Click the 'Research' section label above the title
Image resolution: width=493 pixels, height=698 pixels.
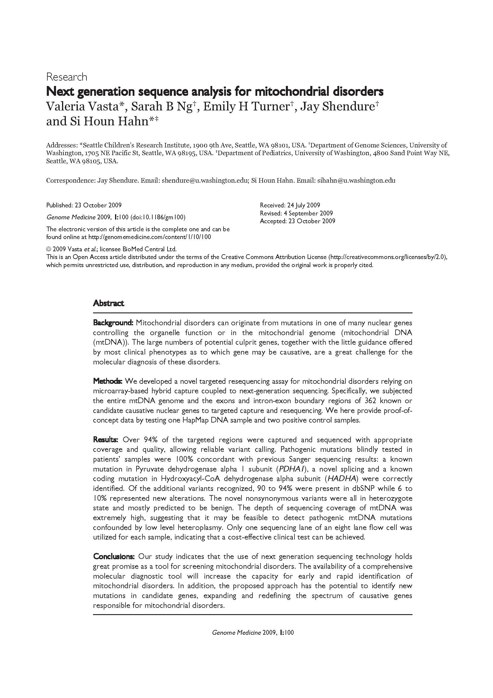click(x=66, y=77)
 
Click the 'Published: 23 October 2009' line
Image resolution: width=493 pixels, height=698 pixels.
click(x=84, y=205)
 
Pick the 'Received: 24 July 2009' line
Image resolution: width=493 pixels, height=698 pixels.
click(x=290, y=205)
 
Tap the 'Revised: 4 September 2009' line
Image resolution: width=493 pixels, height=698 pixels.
click(x=296, y=213)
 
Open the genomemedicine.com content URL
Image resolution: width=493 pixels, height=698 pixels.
click(x=149, y=237)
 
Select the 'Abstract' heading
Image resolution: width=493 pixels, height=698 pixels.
click(x=108, y=303)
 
